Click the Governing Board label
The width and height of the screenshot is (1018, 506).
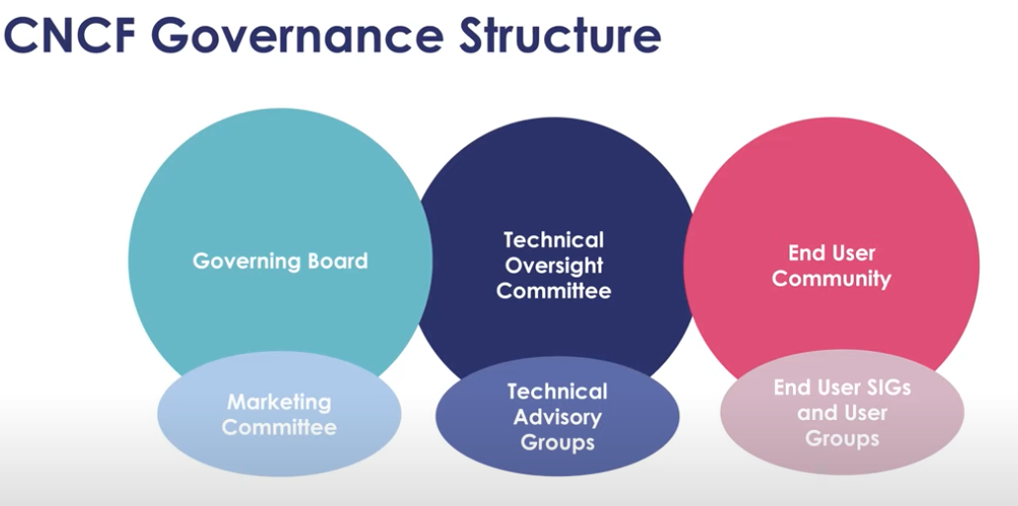coord(279,262)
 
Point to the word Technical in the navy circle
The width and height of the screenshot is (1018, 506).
coord(553,240)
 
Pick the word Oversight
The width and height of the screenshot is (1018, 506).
coord(553,266)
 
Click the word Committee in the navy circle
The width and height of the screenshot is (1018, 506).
coord(553,292)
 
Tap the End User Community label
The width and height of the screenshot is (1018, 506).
coord(830,266)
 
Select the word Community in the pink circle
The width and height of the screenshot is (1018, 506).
coord(830,280)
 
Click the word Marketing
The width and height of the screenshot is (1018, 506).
coord(279,402)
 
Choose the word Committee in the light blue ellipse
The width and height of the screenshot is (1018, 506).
coord(279,428)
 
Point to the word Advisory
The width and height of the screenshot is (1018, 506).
coord(557,417)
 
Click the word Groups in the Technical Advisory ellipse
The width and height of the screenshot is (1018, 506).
coord(557,443)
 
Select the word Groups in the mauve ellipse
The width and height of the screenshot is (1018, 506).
coord(841,438)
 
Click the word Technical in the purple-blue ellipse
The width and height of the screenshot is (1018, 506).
coord(557,392)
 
